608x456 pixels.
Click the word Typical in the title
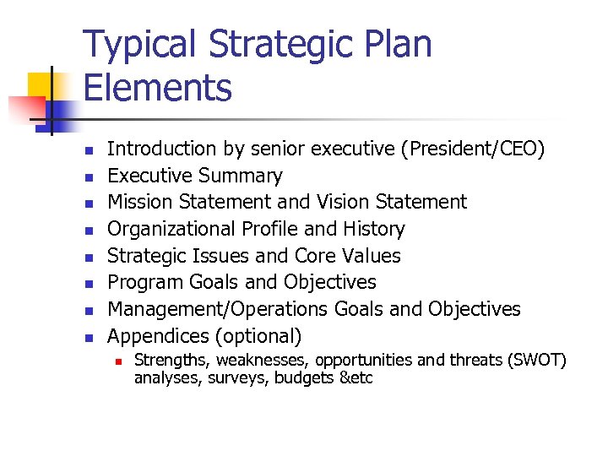point(139,44)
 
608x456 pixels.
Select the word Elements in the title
point(157,87)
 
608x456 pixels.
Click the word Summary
point(242,176)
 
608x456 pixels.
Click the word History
point(374,229)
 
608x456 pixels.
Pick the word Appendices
point(158,336)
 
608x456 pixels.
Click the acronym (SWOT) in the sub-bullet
point(536,361)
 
